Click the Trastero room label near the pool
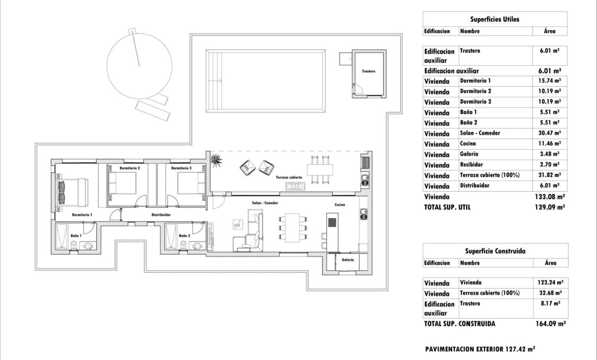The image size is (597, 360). [x=368, y=71]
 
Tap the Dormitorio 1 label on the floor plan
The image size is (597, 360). [x=82, y=215]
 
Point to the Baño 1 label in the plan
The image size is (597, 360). [x=77, y=234]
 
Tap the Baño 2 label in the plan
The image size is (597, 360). [x=184, y=235]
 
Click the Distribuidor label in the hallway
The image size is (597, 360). [x=161, y=215]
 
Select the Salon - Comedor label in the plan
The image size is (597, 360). [x=265, y=203]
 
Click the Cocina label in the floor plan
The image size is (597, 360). [x=340, y=204]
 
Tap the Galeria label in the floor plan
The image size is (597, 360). [x=348, y=260]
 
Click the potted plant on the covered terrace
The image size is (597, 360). [x=216, y=160]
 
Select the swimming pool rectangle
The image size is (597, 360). [x=265, y=81]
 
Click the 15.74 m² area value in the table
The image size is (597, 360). [x=550, y=81]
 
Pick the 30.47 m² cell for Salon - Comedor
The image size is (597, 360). [x=550, y=133]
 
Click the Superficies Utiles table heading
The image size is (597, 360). [x=495, y=19]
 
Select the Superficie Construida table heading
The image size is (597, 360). [x=495, y=251]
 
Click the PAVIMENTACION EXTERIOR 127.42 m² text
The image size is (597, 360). [x=480, y=349]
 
